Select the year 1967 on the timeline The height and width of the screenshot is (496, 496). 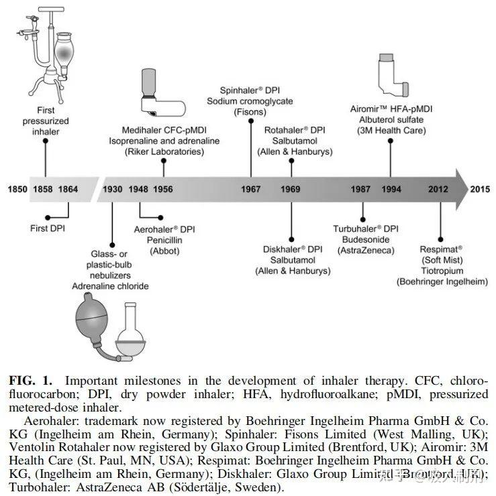pyautogui.click(x=251, y=190)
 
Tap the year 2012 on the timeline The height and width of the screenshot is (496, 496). pyautogui.click(x=440, y=190)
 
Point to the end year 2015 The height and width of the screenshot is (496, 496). pyautogui.click(x=481, y=190)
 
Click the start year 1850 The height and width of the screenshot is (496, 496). pyautogui.click(x=17, y=190)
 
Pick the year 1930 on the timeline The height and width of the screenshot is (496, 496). pyautogui.click(x=112, y=190)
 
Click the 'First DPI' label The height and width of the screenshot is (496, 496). pyautogui.click(x=49, y=228)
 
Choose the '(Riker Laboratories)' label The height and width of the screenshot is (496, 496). pyautogui.click(x=164, y=152)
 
